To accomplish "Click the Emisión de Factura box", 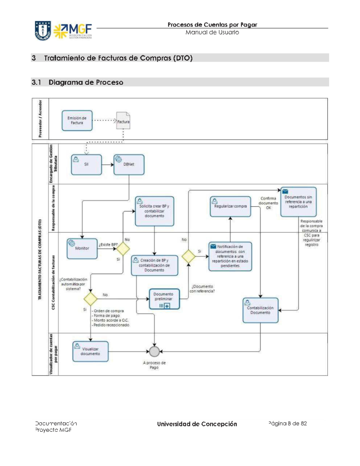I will pyautogui.click(x=77, y=120).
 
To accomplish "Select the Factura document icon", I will pyautogui.click(x=123, y=121).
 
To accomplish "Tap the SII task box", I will pyautogui.click(x=86, y=164).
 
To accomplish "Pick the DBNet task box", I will pyautogui.click(x=129, y=164).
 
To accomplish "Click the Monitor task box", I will pyautogui.click(x=82, y=248).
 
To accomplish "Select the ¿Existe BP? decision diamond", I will pyautogui.click(x=123, y=249).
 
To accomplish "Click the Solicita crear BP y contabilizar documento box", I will pyautogui.click(x=154, y=211).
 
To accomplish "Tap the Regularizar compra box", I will pyautogui.click(x=230, y=206).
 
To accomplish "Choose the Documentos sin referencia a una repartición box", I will pyautogui.click(x=298, y=202).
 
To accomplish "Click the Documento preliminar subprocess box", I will pyautogui.click(x=164, y=299).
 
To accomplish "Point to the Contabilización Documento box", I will pyautogui.click(x=260, y=310).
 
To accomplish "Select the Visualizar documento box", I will pyautogui.click(x=90, y=351).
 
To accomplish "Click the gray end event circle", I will pyautogui.click(x=154, y=351).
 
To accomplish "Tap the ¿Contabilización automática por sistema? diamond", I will pyautogui.click(x=90, y=299).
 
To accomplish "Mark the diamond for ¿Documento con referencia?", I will pyautogui.click(x=188, y=257).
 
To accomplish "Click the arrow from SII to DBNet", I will pyautogui.click(x=108, y=164).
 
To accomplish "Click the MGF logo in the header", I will pyautogui.click(x=73, y=31).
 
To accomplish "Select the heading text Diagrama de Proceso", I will pyautogui.click(x=86, y=82).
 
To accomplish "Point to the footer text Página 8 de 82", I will pyautogui.click(x=287, y=423).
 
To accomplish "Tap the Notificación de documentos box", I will pyautogui.click(x=230, y=256).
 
